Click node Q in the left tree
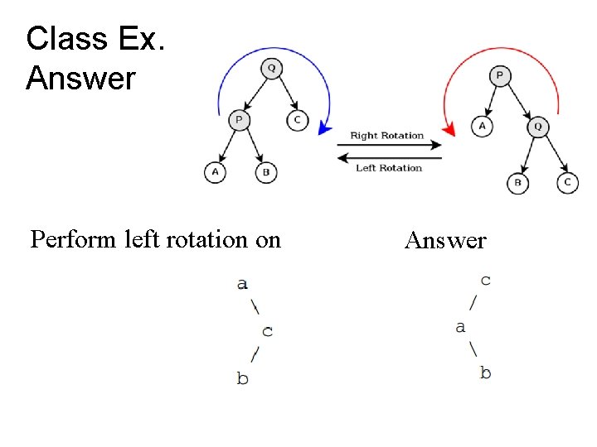[271, 69]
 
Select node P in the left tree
[239, 121]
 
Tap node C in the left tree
[298, 121]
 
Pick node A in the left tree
[215, 172]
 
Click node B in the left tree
[265, 172]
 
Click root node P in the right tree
[499, 76]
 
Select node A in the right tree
[482, 126]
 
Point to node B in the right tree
[518, 182]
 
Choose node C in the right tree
[567, 182]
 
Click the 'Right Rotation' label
[386, 136]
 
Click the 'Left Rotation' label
[389, 168]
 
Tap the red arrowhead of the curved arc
[449, 129]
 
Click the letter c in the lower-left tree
[267, 331]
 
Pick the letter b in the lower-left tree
[242, 378]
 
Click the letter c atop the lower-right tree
[485, 280]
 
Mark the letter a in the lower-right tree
[460, 327]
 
